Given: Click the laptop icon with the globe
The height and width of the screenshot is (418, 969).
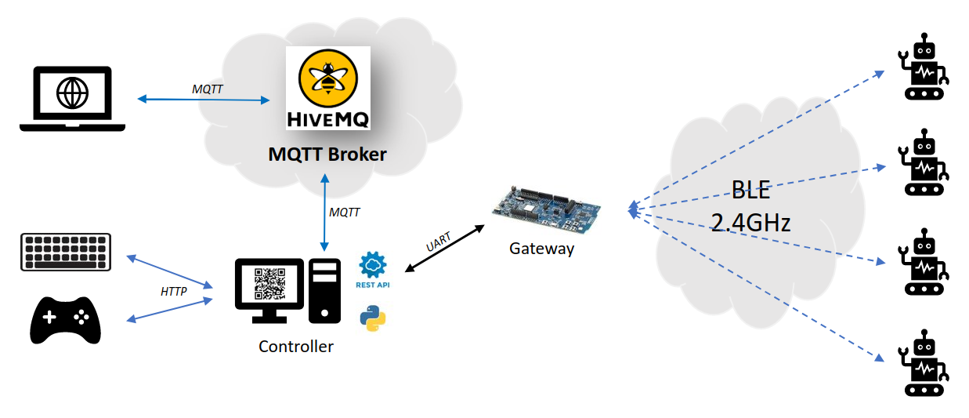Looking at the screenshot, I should pyautogui.click(x=72, y=97).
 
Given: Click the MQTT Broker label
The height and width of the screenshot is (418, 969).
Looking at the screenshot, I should pyautogui.click(x=327, y=154).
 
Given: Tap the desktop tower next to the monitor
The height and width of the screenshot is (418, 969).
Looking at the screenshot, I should pyautogui.click(x=324, y=290).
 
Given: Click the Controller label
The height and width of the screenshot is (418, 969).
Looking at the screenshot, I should pyautogui.click(x=295, y=347).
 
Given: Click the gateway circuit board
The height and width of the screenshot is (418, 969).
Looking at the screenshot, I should pyautogui.click(x=546, y=209).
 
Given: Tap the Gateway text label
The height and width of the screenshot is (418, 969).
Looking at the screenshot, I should pyautogui.click(x=541, y=249).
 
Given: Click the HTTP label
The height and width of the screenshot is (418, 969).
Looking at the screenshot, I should pyautogui.click(x=173, y=292).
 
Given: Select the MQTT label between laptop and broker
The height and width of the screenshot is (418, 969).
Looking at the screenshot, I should pyautogui.click(x=207, y=89).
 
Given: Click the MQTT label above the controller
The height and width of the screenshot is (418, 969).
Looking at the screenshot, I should pyautogui.click(x=345, y=212).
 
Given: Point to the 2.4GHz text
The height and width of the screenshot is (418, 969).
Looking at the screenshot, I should pyautogui.click(x=750, y=223).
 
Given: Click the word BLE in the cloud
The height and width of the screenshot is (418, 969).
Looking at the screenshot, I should pyautogui.click(x=751, y=190).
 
